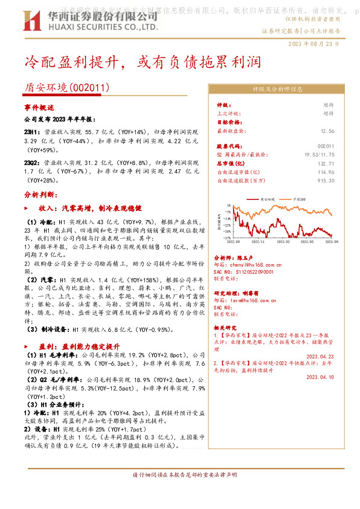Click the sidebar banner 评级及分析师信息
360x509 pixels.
coord(277,89)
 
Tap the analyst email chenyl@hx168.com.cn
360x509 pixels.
coord(249,264)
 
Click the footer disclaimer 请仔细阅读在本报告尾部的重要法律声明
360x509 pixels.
coord(180,475)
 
